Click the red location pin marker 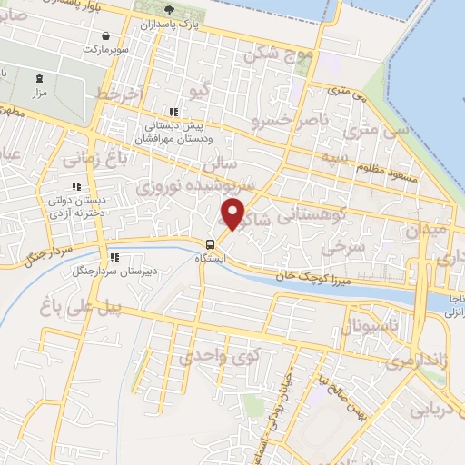click(x=233, y=214)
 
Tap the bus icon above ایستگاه click(x=211, y=243)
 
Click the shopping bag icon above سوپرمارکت click(x=107, y=35)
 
